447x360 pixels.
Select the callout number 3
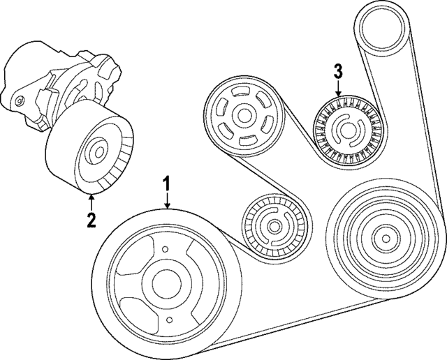tap(338, 70)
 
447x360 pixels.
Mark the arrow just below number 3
tap(338, 89)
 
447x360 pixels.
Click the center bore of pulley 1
tap(165, 283)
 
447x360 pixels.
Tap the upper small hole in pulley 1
tap(165, 250)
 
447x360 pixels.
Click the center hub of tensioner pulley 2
tap(95, 151)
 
